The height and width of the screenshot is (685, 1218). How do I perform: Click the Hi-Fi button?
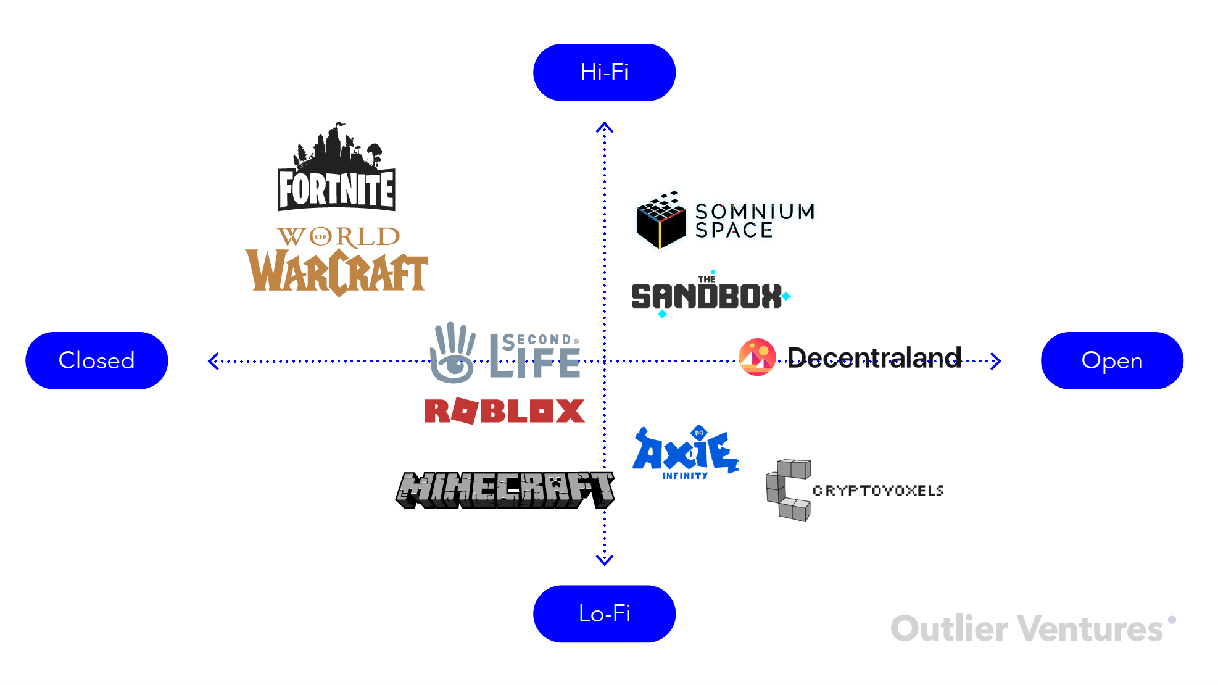pyautogui.click(x=604, y=72)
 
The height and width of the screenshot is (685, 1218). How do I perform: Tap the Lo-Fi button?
pyautogui.click(x=604, y=613)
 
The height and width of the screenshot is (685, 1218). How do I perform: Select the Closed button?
pyautogui.click(x=96, y=360)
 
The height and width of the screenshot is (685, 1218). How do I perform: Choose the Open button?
pyautogui.click(x=1112, y=360)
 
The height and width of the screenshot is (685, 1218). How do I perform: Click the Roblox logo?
pyautogui.click(x=504, y=411)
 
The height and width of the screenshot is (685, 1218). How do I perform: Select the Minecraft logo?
pyautogui.click(x=505, y=490)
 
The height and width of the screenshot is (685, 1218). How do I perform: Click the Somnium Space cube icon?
pyautogui.click(x=661, y=220)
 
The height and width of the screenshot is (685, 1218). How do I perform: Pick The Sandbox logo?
pyautogui.click(x=708, y=295)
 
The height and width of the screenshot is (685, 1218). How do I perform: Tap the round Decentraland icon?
pyautogui.click(x=757, y=357)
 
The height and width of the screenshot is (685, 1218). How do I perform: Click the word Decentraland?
pyautogui.click(x=874, y=357)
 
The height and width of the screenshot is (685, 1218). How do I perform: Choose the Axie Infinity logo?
pyautogui.click(x=685, y=452)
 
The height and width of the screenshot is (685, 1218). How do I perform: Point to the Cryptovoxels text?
pyautogui.click(x=878, y=491)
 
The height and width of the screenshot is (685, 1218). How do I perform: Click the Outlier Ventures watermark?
pyautogui.click(x=1028, y=629)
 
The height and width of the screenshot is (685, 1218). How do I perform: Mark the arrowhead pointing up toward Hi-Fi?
pyautogui.click(x=604, y=128)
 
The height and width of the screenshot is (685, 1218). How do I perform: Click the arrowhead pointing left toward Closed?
pyautogui.click(x=213, y=361)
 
